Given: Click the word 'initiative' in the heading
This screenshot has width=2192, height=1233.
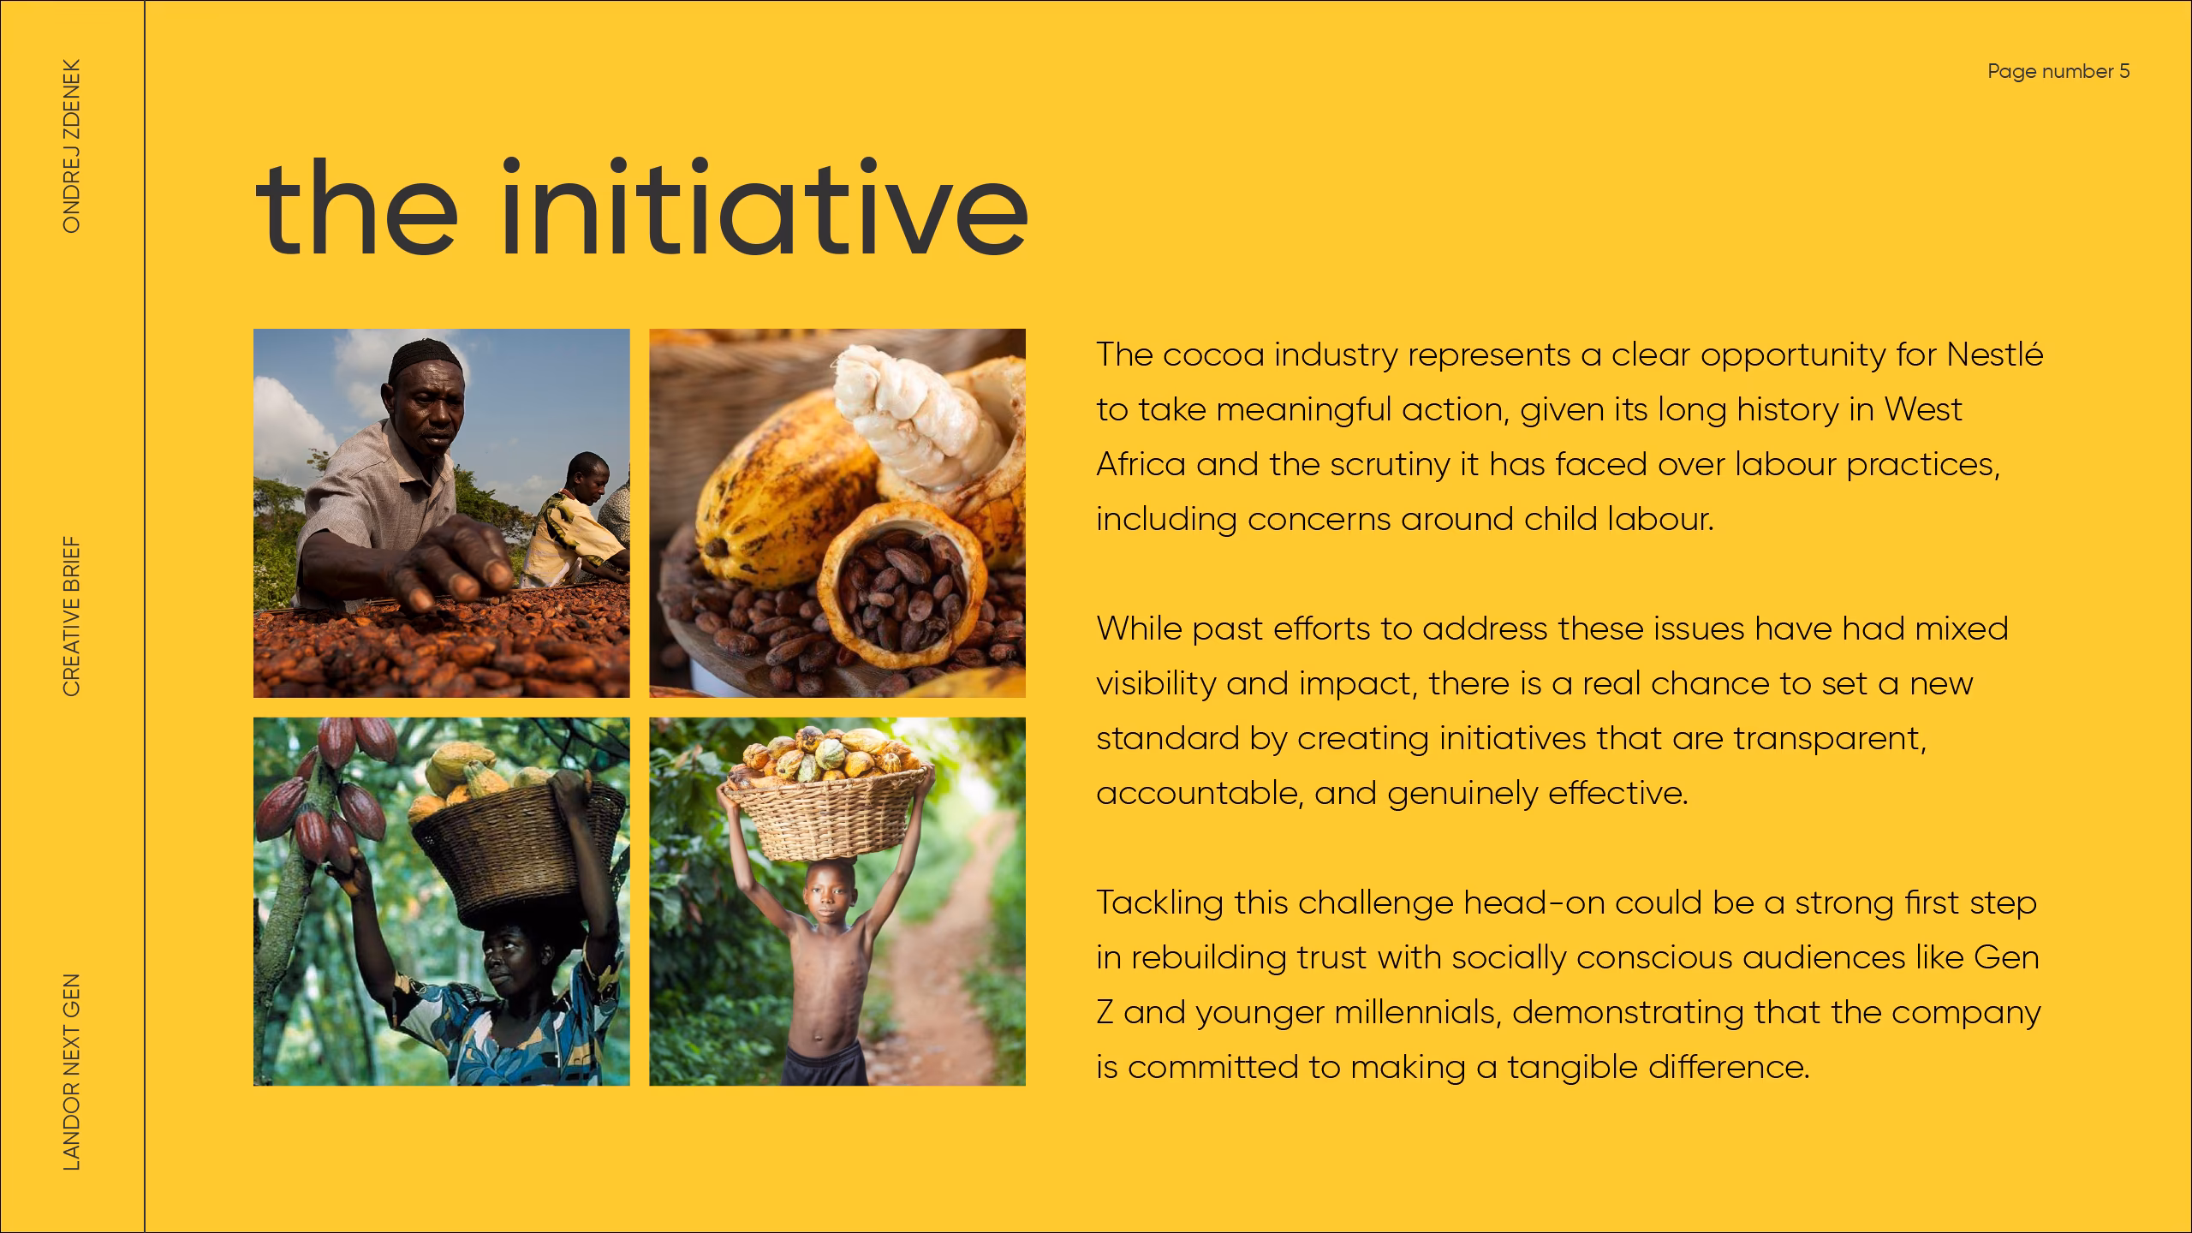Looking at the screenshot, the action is tap(763, 206).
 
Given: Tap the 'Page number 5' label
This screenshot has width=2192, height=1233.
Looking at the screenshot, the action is tap(2058, 72).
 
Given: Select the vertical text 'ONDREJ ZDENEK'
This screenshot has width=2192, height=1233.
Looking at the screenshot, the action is tap(72, 146).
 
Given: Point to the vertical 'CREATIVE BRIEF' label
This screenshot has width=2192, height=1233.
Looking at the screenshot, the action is tap(72, 616).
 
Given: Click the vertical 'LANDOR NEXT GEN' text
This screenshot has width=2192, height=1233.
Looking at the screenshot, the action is tap(72, 1072).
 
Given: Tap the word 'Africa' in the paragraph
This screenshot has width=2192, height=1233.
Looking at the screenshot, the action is tap(1141, 464).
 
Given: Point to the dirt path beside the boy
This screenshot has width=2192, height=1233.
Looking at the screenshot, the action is tap(950, 959).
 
